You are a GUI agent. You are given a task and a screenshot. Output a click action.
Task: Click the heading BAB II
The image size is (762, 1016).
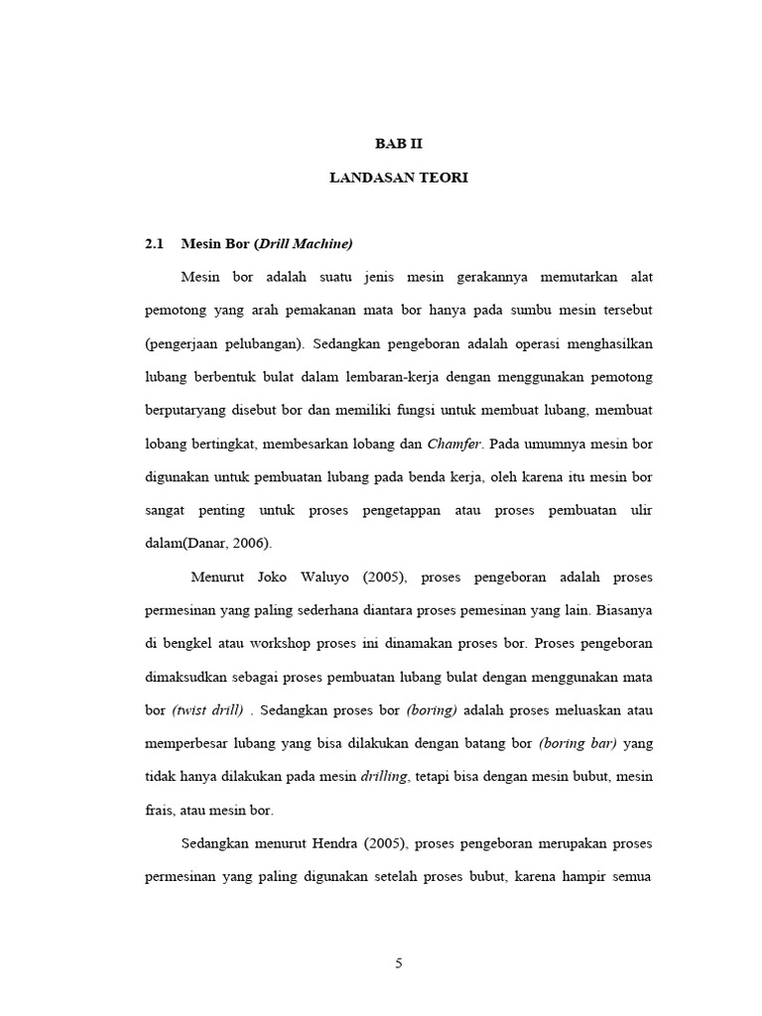(x=398, y=143)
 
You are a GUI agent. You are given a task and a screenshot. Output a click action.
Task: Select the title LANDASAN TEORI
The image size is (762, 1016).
(x=398, y=178)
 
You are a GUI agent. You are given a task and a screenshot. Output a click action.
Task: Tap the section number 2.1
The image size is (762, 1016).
(x=155, y=243)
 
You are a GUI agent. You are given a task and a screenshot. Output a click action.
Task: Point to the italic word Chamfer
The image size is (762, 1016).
(x=455, y=444)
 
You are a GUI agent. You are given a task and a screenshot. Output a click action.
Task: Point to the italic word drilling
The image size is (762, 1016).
(x=384, y=777)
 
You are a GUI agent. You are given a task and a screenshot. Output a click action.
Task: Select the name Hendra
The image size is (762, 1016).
(x=326, y=844)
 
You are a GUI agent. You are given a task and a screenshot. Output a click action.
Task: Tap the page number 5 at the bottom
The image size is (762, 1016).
(x=398, y=962)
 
